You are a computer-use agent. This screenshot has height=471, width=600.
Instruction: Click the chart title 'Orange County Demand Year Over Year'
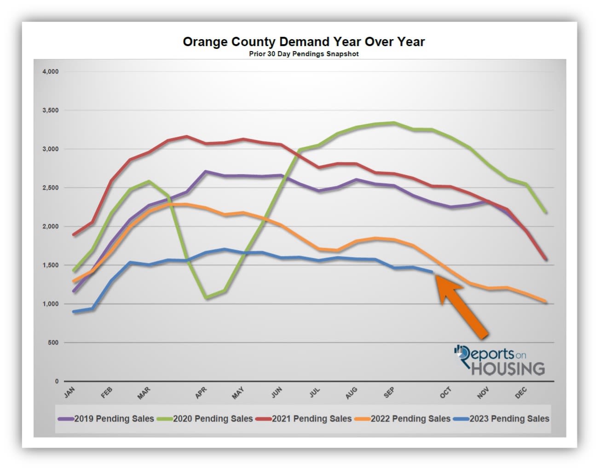[x=304, y=42]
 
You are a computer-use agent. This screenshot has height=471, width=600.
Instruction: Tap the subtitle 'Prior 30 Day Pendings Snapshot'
[x=304, y=54]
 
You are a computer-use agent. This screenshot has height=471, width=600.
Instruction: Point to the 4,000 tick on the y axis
[x=51, y=72]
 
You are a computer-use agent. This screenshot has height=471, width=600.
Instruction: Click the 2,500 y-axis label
[x=51, y=188]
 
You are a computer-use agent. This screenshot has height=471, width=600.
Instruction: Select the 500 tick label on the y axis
[x=53, y=343]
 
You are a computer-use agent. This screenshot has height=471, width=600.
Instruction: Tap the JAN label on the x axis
[x=69, y=393]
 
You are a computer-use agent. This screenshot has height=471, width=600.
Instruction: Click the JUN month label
[x=277, y=393]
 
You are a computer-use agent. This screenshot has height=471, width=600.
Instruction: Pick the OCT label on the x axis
[x=445, y=393]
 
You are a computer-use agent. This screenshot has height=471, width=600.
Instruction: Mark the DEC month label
[x=520, y=393]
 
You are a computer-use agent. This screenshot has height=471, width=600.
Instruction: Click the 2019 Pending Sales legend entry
[x=106, y=419]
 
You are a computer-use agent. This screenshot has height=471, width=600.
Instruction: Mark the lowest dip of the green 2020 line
[x=206, y=298]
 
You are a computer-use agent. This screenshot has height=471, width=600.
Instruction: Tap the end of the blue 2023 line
[x=433, y=272]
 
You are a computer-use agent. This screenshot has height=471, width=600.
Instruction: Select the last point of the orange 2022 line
[x=546, y=302]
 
